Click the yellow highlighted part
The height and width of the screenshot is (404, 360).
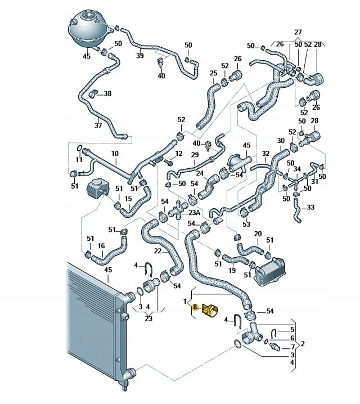click(x=208, y=310)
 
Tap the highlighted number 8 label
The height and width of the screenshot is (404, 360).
click(x=195, y=308)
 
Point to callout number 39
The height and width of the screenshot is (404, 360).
click(x=140, y=56)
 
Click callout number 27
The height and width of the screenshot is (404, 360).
click(x=298, y=32)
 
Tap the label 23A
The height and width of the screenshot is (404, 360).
click(x=194, y=213)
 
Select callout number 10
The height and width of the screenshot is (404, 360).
click(x=114, y=154)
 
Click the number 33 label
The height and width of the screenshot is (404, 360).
click(x=310, y=207)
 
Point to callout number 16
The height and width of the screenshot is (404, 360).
click(x=101, y=245)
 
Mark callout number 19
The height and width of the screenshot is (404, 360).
click(x=232, y=271)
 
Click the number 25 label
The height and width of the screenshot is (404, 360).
click(x=213, y=73)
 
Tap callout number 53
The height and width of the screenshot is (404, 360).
click(x=246, y=225)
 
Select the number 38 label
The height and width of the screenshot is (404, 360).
click(x=107, y=93)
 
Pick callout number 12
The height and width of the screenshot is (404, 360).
click(x=179, y=154)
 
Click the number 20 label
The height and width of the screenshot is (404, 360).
click(x=258, y=234)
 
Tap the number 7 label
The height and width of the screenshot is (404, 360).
click(x=292, y=347)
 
